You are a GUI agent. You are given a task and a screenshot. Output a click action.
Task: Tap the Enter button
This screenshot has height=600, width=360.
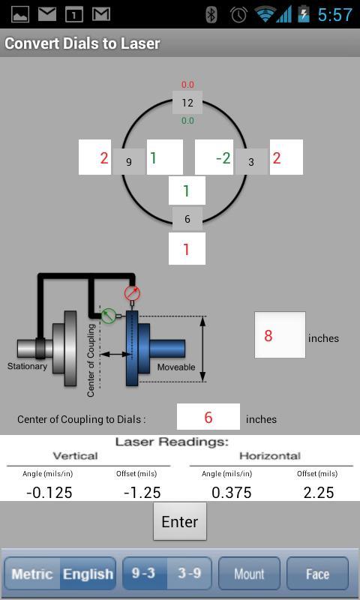tap(180, 521)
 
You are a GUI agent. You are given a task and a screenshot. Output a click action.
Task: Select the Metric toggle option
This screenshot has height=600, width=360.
tap(32, 574)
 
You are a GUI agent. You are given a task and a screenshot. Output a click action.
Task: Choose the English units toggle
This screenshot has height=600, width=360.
tap(88, 574)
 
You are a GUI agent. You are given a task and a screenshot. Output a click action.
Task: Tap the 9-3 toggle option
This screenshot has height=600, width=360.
tap(144, 574)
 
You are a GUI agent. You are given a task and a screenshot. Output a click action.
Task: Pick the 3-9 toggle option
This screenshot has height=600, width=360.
tap(189, 574)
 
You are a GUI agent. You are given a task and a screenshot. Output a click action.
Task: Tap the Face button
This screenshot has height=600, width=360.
tap(317, 574)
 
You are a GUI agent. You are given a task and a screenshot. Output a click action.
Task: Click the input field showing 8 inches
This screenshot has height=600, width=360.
tap(280, 334)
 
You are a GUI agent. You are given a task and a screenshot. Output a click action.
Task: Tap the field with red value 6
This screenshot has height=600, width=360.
tap(208, 417)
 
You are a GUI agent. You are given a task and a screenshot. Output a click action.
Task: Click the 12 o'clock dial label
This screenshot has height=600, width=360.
tap(187, 103)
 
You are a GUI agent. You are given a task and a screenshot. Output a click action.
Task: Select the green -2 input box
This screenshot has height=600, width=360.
tap(214, 157)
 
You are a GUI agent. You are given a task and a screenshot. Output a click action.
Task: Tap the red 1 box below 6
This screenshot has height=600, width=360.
tap(187, 249)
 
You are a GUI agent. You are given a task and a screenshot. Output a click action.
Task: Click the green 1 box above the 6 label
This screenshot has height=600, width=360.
tap(187, 190)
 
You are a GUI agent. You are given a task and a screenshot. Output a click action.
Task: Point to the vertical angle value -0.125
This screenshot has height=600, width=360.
tap(49, 492)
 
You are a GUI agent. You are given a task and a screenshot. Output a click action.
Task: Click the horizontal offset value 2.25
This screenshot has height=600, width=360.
tap(318, 492)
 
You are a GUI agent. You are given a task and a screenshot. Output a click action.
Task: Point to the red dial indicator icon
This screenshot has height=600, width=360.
tap(132, 293)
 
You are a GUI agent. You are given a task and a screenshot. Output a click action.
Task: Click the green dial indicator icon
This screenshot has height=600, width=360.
tap(109, 316)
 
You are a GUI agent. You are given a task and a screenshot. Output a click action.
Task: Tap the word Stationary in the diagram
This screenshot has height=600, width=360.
tap(27, 367)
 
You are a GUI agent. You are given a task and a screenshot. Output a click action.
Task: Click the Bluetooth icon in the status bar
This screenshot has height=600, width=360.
tap(211, 14)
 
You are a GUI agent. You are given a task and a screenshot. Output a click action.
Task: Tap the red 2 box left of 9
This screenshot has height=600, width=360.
tap(97, 157)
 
